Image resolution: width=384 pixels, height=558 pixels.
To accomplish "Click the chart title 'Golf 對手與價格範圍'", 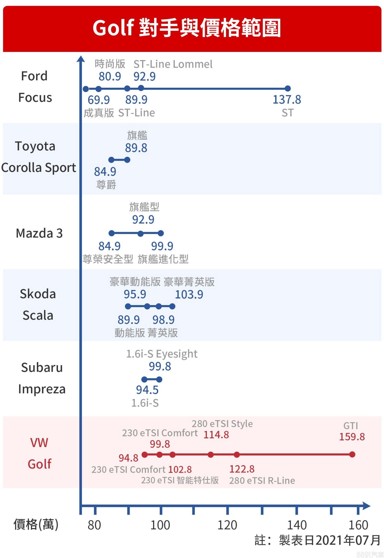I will [x=187, y=28].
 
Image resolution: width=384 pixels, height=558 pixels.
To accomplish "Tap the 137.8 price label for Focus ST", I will [x=287, y=99].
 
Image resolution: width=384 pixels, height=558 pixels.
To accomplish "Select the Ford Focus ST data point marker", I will [x=287, y=89].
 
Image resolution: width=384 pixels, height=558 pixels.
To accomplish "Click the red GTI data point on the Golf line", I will [x=352, y=454].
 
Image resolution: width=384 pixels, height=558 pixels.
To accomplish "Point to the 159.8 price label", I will [x=352, y=437].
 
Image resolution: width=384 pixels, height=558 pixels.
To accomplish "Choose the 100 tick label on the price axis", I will [x=160, y=525].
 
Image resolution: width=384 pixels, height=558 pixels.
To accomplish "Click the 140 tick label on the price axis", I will [x=297, y=525].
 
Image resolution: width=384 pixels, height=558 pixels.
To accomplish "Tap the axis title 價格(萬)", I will [x=36, y=525].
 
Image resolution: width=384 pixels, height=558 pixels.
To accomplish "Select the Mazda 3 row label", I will [x=39, y=233].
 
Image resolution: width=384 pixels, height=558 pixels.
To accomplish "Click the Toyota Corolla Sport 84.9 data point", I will [x=111, y=160].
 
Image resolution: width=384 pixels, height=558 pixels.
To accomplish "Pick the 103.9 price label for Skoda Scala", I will [x=189, y=295].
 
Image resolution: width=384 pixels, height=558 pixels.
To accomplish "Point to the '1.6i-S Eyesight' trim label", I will [x=162, y=354].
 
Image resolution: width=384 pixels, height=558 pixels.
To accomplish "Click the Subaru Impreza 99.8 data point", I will [x=159, y=379].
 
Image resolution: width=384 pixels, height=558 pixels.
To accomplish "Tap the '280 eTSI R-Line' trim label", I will [x=262, y=480].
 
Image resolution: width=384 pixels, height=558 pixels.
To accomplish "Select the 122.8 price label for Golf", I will [x=242, y=469].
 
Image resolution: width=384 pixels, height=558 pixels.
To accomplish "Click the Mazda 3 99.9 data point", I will [x=161, y=233].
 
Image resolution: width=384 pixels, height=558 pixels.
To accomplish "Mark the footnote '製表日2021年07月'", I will [x=329, y=540].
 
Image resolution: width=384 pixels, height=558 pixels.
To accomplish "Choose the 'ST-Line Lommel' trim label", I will [x=173, y=64].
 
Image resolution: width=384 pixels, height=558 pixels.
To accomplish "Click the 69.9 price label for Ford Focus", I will [x=99, y=100].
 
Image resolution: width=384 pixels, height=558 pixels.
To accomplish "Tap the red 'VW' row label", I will [x=39, y=443].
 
